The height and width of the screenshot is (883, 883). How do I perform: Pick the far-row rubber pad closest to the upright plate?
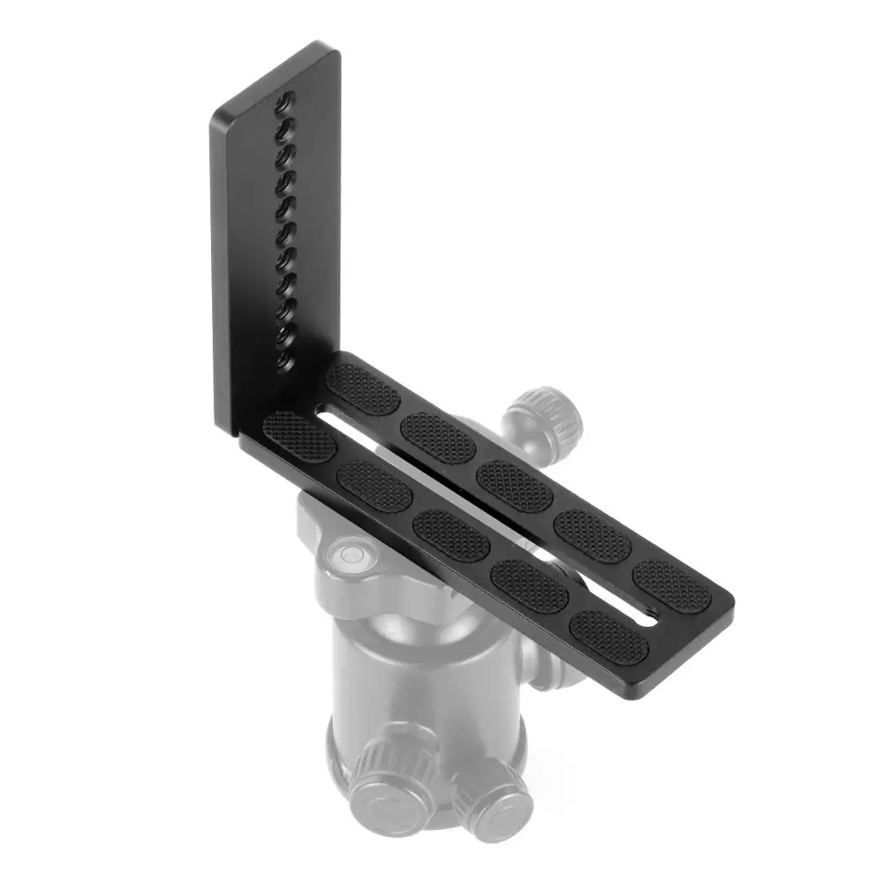(363, 389)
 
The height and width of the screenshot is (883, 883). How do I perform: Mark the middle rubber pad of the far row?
(516, 486)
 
